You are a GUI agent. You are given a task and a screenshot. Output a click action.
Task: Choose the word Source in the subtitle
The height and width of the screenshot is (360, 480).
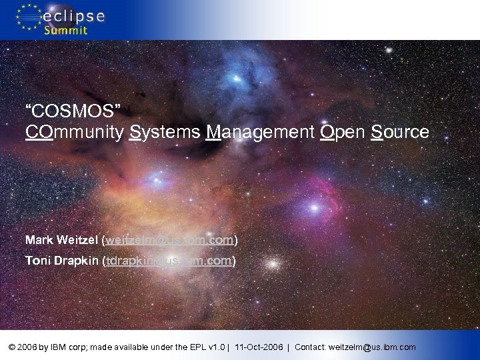tap(400, 132)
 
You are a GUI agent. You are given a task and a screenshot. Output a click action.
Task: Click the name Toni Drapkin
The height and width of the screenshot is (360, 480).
tap(61, 261)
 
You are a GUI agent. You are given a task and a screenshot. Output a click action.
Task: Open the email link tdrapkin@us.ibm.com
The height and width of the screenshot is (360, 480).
tap(169, 261)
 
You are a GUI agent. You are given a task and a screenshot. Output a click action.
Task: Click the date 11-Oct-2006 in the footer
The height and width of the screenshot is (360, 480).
tap(261, 347)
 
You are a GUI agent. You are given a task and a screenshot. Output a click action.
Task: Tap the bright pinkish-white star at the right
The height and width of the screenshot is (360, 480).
tap(313, 208)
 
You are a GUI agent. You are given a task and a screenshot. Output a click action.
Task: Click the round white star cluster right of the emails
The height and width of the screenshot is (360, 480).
tap(272, 263)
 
